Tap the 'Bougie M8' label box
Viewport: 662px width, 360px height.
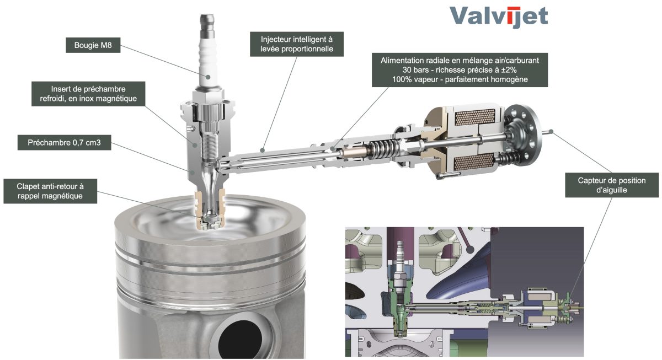(x=93, y=45)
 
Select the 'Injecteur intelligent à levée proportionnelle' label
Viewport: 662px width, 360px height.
(x=297, y=44)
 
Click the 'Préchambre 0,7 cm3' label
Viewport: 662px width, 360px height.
(x=64, y=143)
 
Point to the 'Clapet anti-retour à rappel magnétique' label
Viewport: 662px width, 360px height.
(x=50, y=191)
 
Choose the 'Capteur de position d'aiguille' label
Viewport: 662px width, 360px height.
(x=612, y=185)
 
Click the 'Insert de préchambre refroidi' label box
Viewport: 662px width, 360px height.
(x=88, y=94)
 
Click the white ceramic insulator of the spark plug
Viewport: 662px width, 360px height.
(x=208, y=65)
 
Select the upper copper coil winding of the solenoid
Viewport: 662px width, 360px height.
(x=474, y=117)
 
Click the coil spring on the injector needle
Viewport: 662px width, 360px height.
(x=383, y=148)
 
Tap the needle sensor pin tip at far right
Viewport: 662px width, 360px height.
(x=551, y=131)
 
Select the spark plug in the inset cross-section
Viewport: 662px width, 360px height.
(x=399, y=266)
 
